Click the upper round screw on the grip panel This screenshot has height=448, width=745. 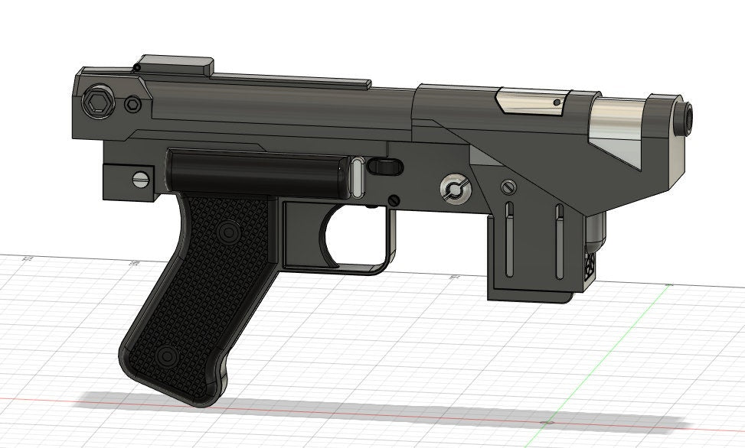227,230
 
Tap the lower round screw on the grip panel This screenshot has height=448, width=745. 167,356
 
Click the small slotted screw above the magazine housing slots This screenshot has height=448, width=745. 506,187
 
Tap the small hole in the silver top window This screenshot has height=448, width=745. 557,102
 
